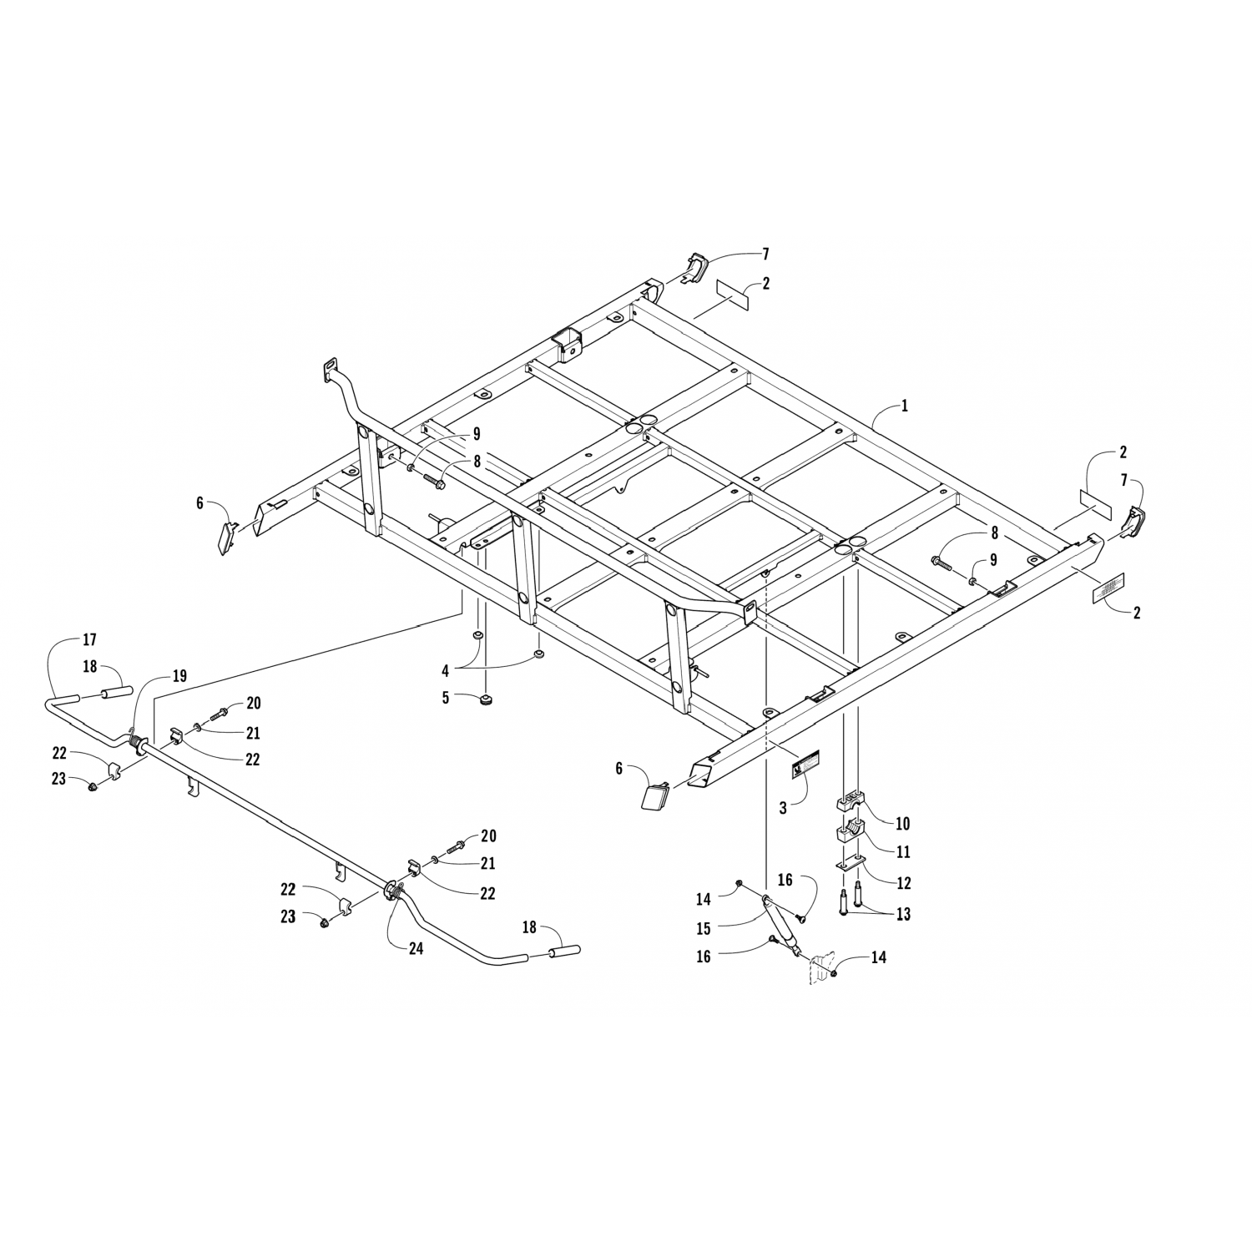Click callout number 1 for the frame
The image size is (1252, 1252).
(904, 406)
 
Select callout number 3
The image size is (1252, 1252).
(783, 809)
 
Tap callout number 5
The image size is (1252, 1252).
(446, 697)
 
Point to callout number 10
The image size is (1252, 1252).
(902, 824)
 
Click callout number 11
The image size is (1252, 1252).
(902, 852)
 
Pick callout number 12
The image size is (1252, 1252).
(902, 883)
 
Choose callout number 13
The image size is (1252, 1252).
(902, 914)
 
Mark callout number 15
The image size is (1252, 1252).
(704, 927)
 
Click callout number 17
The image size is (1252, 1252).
(89, 640)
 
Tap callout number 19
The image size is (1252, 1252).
(180, 676)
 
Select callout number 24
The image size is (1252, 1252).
(416, 948)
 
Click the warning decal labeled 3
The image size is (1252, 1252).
(806, 764)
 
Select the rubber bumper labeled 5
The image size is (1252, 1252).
(484, 699)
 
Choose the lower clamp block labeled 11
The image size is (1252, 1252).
(849, 832)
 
